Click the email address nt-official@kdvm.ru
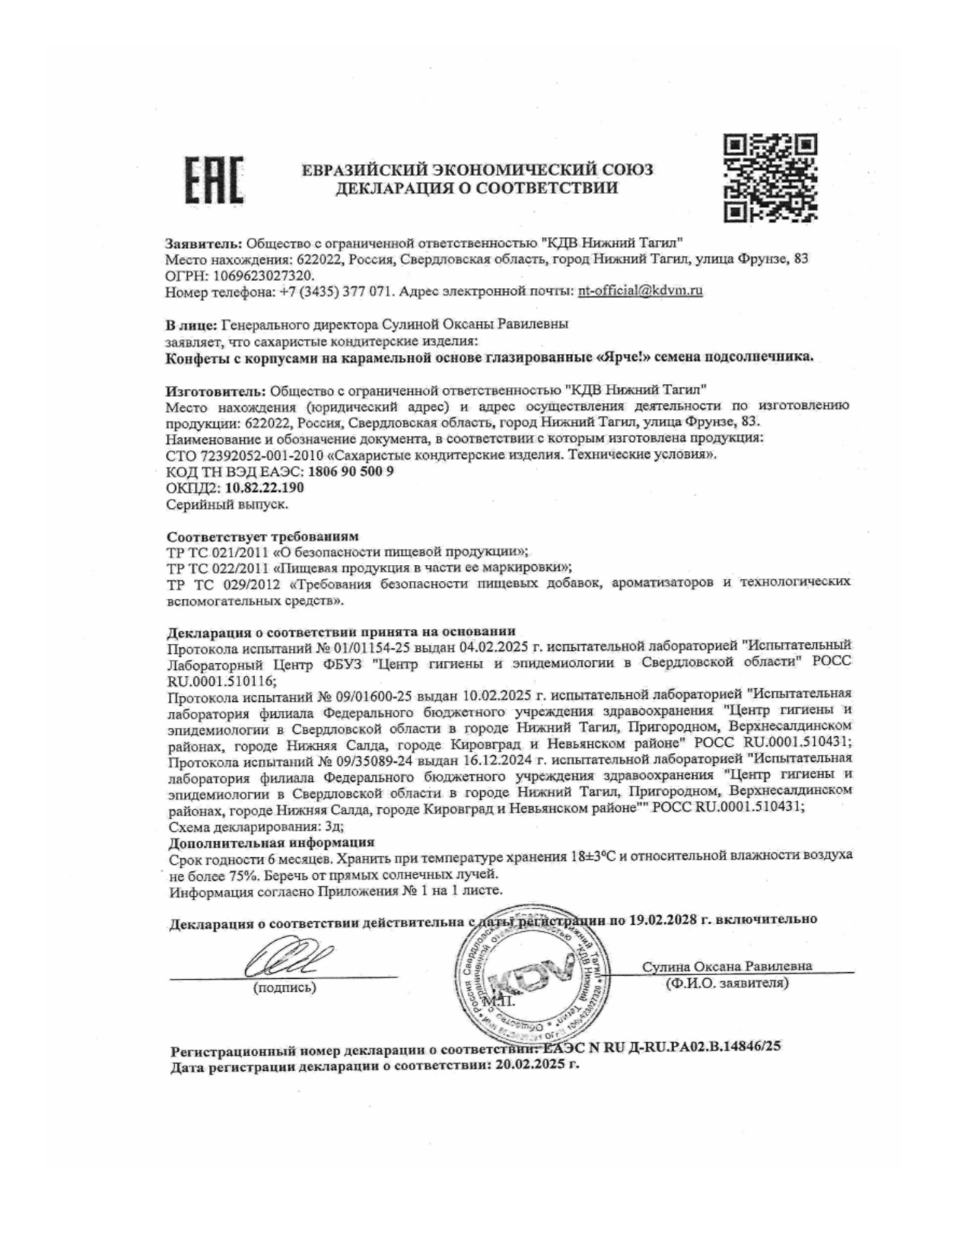pos(640,291)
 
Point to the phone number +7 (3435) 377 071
pos(332,291)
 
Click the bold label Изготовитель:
pos(213,391)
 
